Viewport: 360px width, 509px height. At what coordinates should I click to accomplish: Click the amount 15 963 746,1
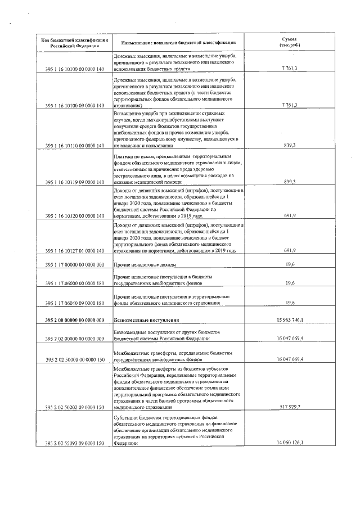click(x=291, y=320)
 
